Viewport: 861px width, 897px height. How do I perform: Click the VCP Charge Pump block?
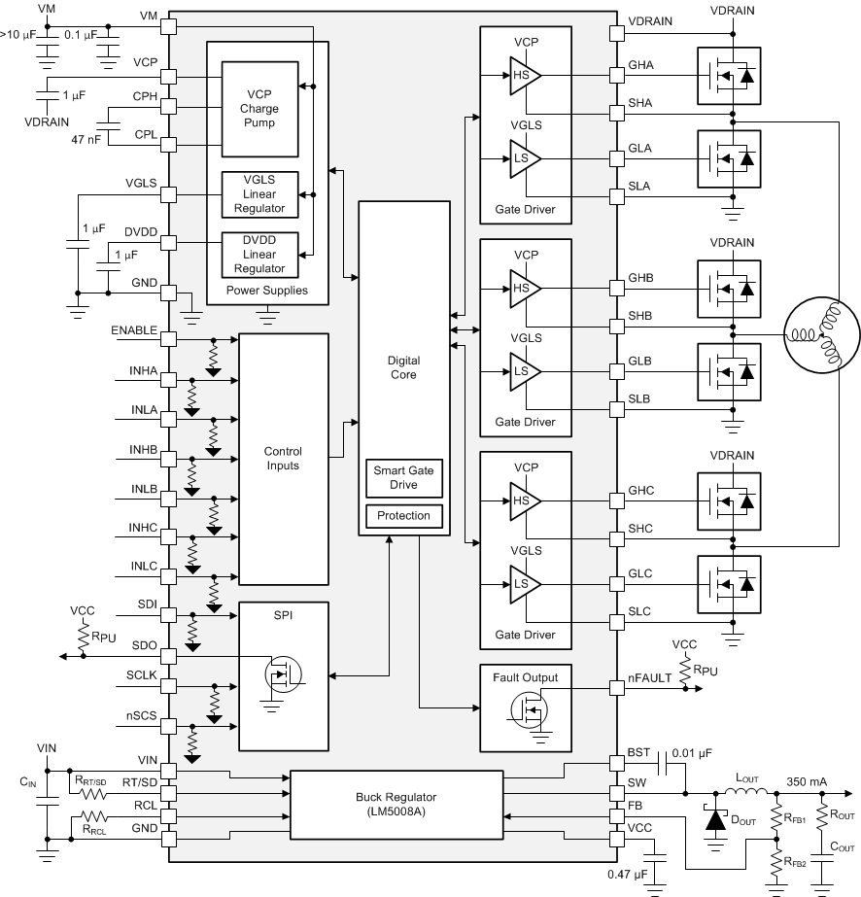(x=258, y=109)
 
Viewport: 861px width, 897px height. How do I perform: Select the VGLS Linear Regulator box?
(x=258, y=194)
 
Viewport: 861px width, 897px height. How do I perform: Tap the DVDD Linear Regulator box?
(x=258, y=254)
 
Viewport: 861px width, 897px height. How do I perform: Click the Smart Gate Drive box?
(x=404, y=477)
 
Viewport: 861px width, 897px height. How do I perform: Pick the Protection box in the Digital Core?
(x=404, y=515)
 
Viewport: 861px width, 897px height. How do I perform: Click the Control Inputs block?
(x=283, y=459)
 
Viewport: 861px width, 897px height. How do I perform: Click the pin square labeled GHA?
(x=616, y=74)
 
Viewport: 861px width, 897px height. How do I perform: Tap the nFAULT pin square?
(x=616, y=687)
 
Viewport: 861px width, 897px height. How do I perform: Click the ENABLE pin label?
(x=134, y=330)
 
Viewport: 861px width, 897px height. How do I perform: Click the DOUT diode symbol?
(x=715, y=820)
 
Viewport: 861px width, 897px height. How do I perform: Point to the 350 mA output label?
(x=809, y=781)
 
